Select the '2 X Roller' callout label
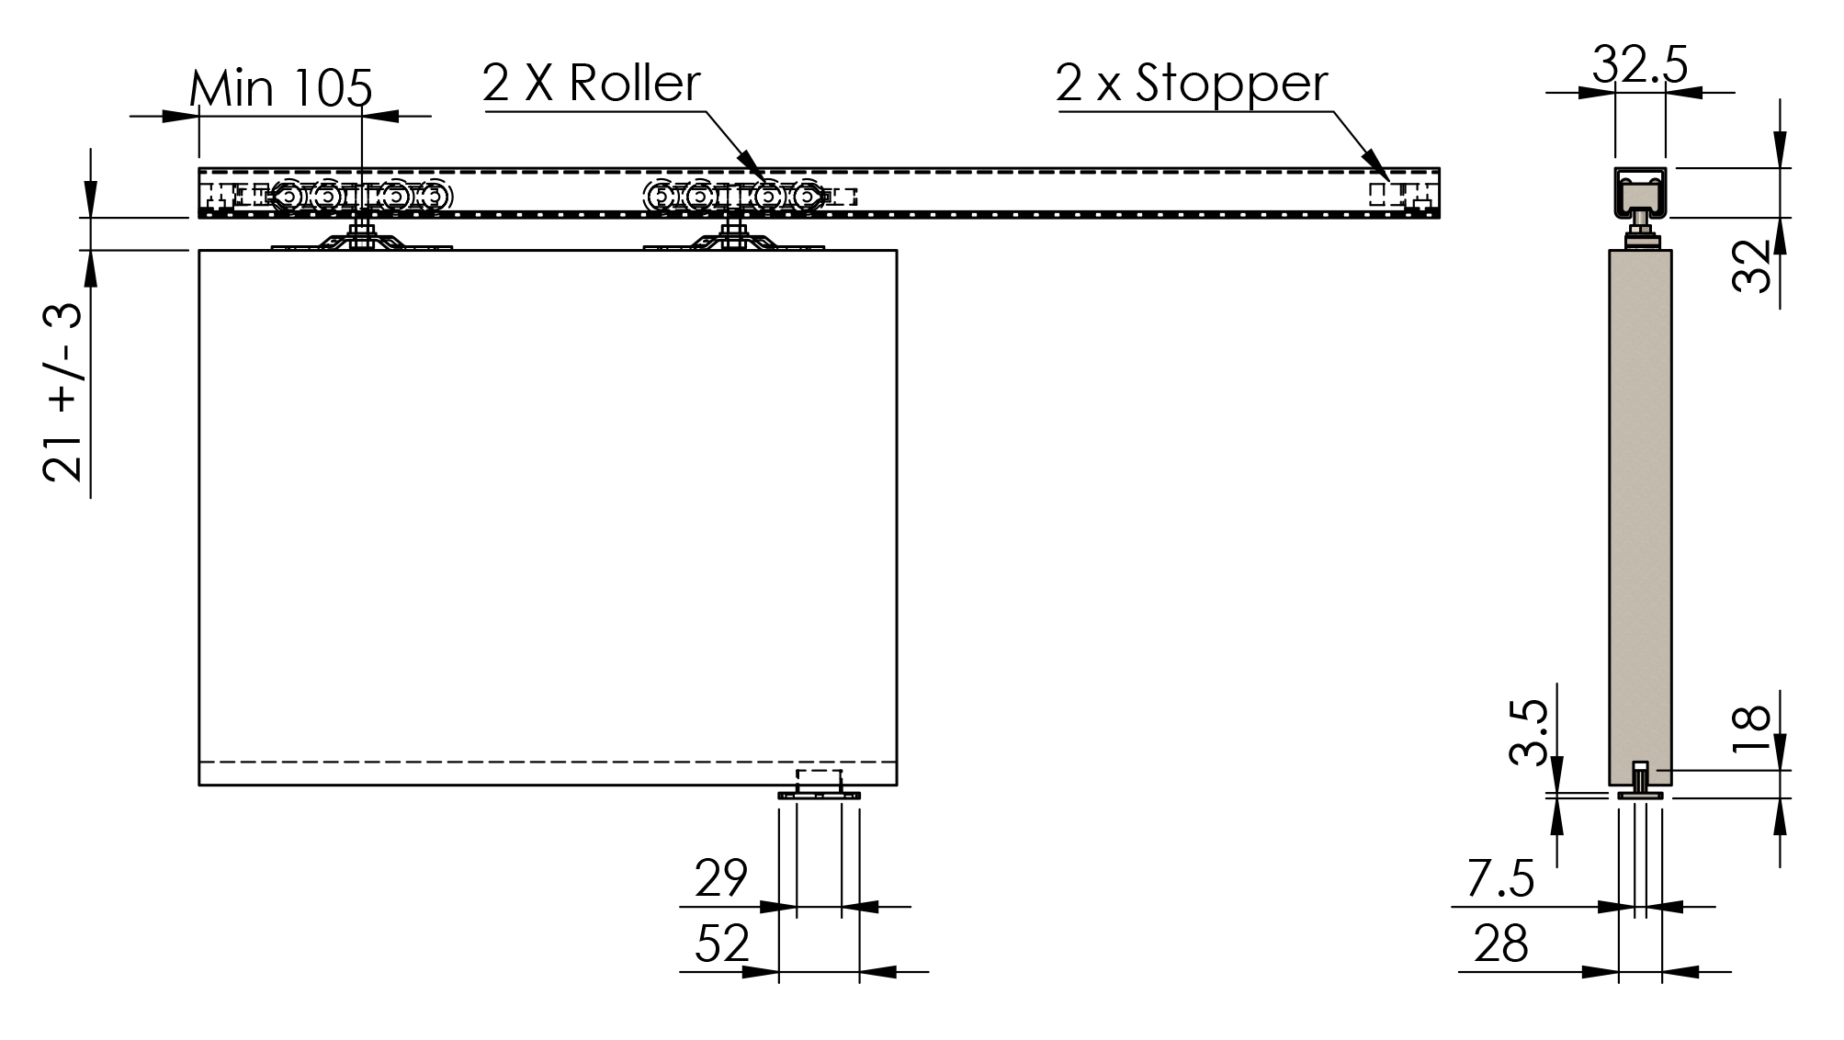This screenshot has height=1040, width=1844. [591, 84]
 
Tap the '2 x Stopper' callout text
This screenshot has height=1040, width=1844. [1192, 84]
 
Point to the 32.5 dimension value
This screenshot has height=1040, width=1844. [1640, 65]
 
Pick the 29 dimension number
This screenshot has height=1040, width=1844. [721, 878]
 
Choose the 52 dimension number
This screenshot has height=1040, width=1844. [722, 944]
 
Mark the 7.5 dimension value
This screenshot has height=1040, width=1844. [1499, 879]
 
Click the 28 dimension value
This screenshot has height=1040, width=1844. [1500, 944]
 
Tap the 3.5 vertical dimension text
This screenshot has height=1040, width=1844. [1529, 732]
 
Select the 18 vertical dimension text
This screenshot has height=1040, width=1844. [1750, 729]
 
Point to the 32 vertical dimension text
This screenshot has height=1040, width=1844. [1751, 266]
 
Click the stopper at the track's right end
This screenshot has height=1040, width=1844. [1401, 195]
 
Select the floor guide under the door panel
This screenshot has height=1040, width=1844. [819, 786]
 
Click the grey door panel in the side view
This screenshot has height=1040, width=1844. [1640, 517]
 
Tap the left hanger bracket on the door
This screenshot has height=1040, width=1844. [362, 240]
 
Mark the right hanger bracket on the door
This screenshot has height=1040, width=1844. [733, 240]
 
